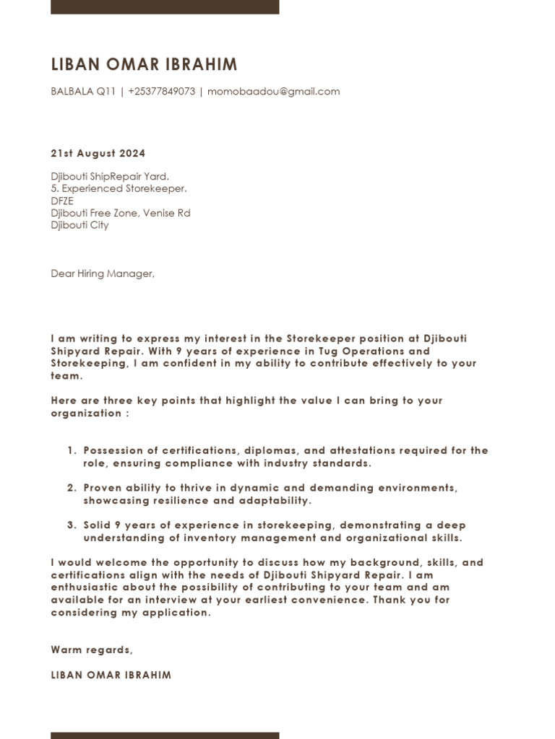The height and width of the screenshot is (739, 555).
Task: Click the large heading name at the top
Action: (x=144, y=65)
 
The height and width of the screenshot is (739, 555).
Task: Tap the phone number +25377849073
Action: (x=161, y=92)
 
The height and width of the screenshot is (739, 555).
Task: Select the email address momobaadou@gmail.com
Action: (x=273, y=92)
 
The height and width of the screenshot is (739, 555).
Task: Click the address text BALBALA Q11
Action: (x=83, y=92)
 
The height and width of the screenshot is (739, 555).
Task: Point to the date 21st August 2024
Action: (x=98, y=153)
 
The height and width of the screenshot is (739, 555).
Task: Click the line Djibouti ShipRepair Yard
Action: (x=110, y=176)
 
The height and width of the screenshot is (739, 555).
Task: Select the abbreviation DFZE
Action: (x=62, y=201)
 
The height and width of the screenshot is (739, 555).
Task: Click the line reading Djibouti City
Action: (x=79, y=225)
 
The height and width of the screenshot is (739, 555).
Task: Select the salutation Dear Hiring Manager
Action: (x=103, y=274)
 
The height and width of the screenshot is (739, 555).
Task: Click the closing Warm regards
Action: (x=92, y=650)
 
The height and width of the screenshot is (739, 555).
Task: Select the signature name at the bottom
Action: (x=111, y=675)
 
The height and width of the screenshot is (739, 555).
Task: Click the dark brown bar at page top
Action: (x=165, y=6)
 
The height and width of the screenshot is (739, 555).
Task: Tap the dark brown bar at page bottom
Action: (x=165, y=735)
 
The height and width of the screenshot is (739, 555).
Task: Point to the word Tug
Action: (x=330, y=351)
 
